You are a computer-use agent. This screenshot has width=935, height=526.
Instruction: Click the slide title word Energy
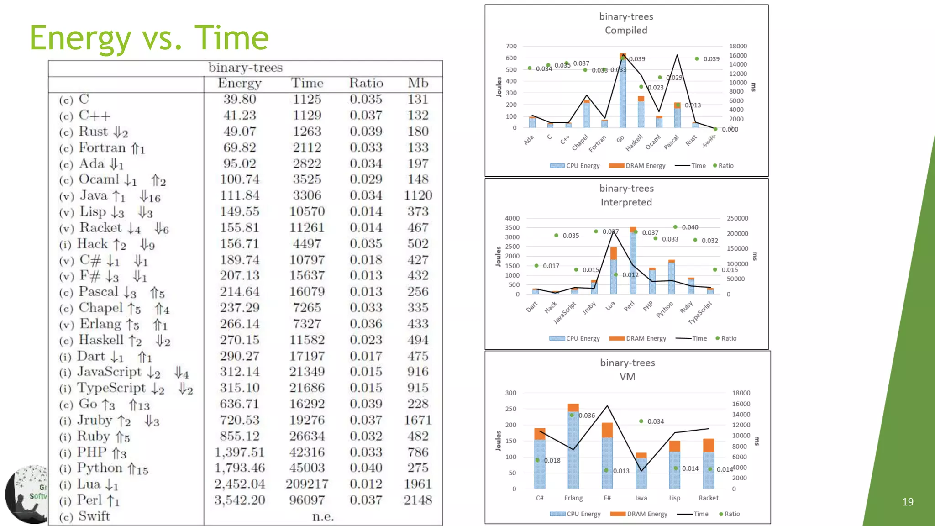pyautogui.click(x=80, y=38)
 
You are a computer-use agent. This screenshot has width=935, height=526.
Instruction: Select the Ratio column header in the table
pyautogui.click(x=366, y=83)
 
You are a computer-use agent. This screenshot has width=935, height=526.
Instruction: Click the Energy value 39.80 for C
pyautogui.click(x=239, y=99)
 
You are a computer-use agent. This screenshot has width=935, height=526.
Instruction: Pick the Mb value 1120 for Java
pyautogui.click(x=418, y=195)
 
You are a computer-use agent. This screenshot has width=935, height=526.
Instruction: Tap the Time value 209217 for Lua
pyautogui.click(x=307, y=484)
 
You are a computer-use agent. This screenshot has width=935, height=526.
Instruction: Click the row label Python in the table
pyautogui.click(x=100, y=468)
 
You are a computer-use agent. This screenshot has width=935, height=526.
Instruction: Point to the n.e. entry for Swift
pyautogui.click(x=323, y=516)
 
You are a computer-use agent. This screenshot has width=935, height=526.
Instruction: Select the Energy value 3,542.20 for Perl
pyautogui.click(x=239, y=500)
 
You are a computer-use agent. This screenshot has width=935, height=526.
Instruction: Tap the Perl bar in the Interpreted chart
pyautogui.click(x=633, y=263)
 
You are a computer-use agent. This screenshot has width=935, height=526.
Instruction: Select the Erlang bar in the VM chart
pyautogui.click(x=573, y=447)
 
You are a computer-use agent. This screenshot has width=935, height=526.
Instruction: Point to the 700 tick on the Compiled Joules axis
pyautogui.click(x=511, y=46)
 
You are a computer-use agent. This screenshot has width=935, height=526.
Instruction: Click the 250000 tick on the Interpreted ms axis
pyautogui.click(x=737, y=218)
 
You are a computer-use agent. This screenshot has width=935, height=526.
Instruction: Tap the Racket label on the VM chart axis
pyautogui.click(x=708, y=498)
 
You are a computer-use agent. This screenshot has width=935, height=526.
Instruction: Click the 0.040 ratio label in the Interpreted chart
pyautogui.click(x=689, y=227)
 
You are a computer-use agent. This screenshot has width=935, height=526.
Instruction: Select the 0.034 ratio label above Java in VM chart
pyautogui.click(x=655, y=421)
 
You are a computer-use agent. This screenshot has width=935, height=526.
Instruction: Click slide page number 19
pyautogui.click(x=908, y=502)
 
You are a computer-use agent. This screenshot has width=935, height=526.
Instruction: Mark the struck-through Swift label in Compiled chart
pyautogui.click(x=709, y=141)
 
